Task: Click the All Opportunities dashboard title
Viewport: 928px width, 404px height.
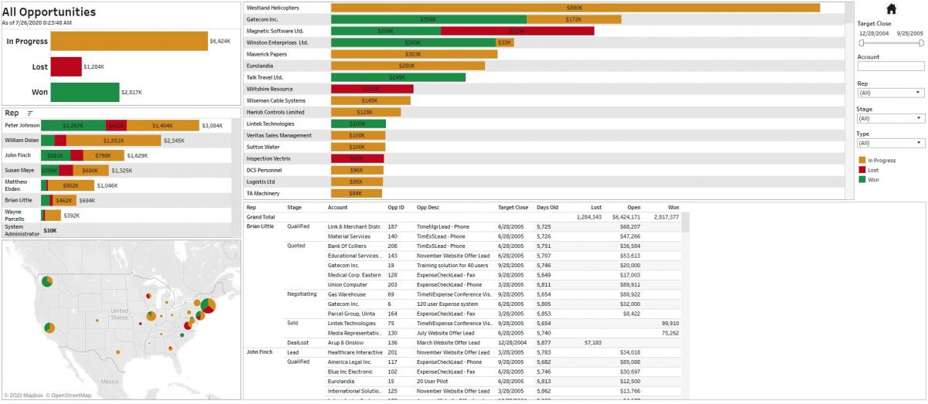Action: tap(49, 12)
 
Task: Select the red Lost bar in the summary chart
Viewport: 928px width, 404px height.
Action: tap(67, 67)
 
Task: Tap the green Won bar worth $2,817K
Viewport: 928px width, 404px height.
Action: tap(85, 93)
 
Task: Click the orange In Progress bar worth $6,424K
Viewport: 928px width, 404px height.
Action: tap(130, 41)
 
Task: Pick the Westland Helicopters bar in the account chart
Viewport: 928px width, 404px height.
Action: tap(575, 8)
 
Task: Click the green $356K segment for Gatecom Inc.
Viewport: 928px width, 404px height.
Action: tap(428, 19)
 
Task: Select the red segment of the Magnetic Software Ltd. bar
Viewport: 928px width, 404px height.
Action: tap(517, 31)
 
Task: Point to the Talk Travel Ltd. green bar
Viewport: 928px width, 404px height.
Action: tap(397, 77)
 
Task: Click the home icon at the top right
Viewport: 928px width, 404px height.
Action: tap(891, 9)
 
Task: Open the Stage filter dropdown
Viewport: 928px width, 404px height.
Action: tap(890, 118)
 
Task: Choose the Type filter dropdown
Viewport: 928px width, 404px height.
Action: tap(890, 143)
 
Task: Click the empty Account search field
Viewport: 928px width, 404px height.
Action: tap(890, 66)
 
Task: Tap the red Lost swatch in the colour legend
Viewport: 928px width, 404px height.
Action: tap(861, 170)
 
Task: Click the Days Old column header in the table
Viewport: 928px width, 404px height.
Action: tap(548, 207)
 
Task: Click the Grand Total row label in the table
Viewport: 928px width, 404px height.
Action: tap(261, 217)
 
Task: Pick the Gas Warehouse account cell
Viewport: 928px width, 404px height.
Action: tap(346, 294)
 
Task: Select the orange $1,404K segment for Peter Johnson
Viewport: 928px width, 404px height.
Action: tap(162, 125)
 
